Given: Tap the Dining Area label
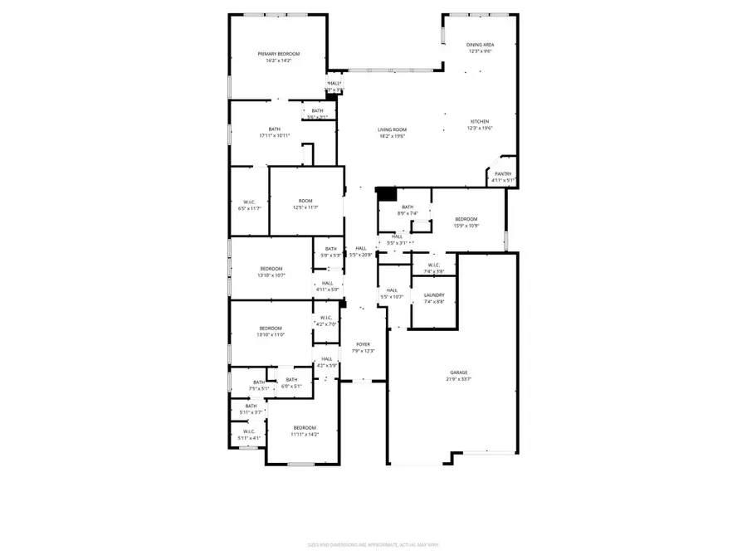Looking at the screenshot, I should coord(480,48).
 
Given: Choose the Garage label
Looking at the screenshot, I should coord(459,376).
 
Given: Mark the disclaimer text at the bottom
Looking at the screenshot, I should coord(373,545).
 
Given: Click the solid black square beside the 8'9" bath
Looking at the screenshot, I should coord(386,194).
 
